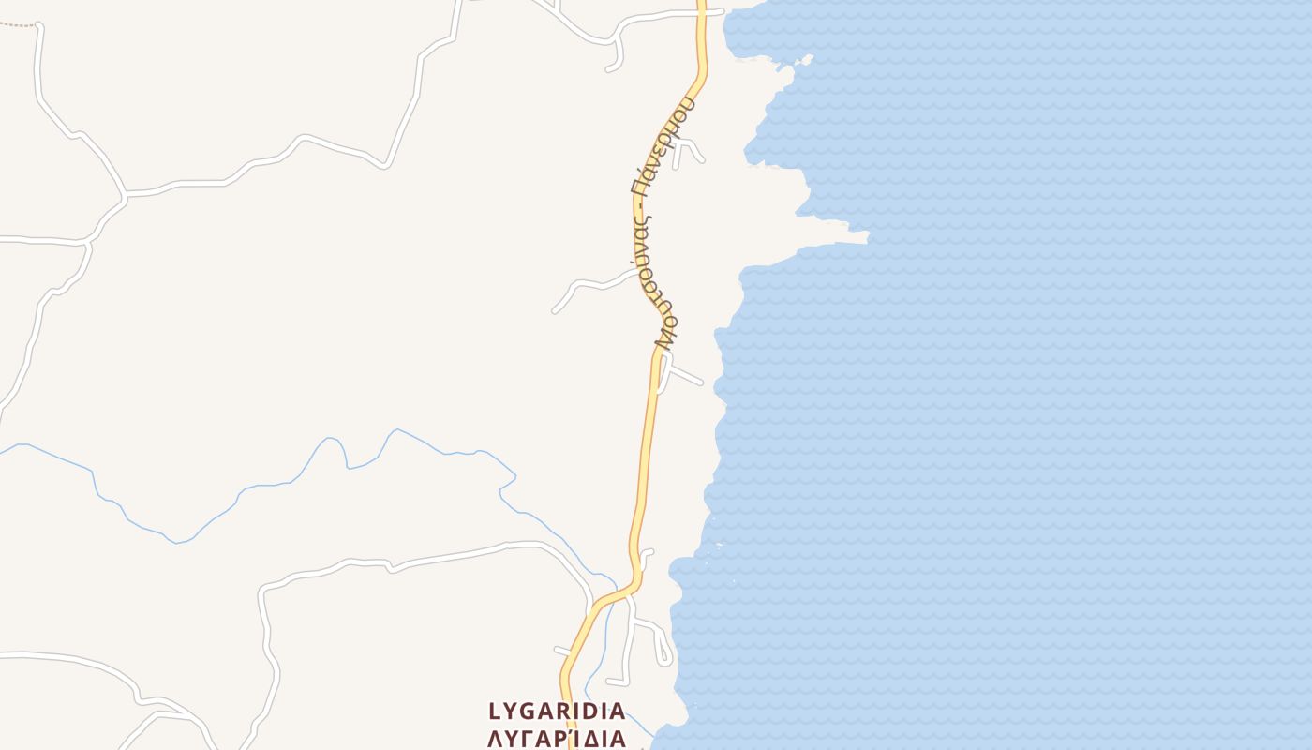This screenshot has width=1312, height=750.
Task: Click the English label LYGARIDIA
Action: tap(557, 712)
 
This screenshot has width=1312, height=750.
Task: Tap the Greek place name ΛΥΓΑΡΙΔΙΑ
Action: tap(557, 738)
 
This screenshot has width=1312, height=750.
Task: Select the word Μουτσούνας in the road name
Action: tap(659, 281)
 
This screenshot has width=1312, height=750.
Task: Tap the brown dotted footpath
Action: tap(17, 24)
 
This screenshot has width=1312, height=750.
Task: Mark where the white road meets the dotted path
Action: tap(37, 25)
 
